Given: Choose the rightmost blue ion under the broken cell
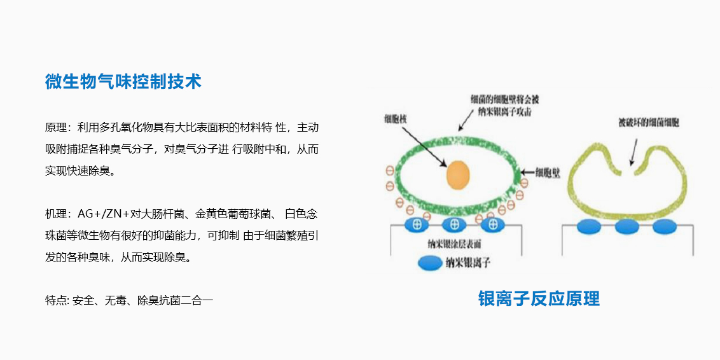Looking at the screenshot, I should (x=664, y=226).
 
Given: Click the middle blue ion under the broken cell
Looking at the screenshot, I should (x=627, y=226).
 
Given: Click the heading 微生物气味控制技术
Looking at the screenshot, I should (x=123, y=81).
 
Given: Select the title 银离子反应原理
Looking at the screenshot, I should (x=539, y=298).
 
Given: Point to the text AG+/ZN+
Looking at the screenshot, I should (x=103, y=214).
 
